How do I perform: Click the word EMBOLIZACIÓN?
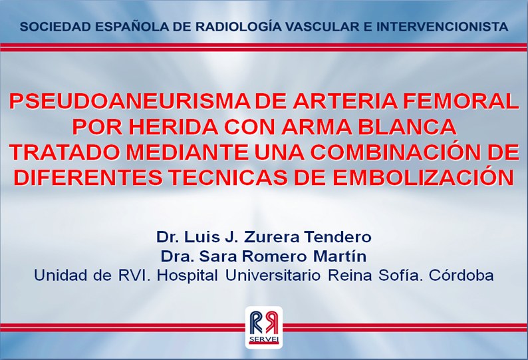click(x=424, y=176)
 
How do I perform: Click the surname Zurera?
click(x=271, y=237)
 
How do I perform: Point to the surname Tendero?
click(x=338, y=237)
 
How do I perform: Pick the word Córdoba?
click(x=462, y=275)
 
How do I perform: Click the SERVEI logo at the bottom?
click(x=264, y=327)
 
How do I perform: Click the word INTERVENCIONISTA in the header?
click(x=442, y=27)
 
